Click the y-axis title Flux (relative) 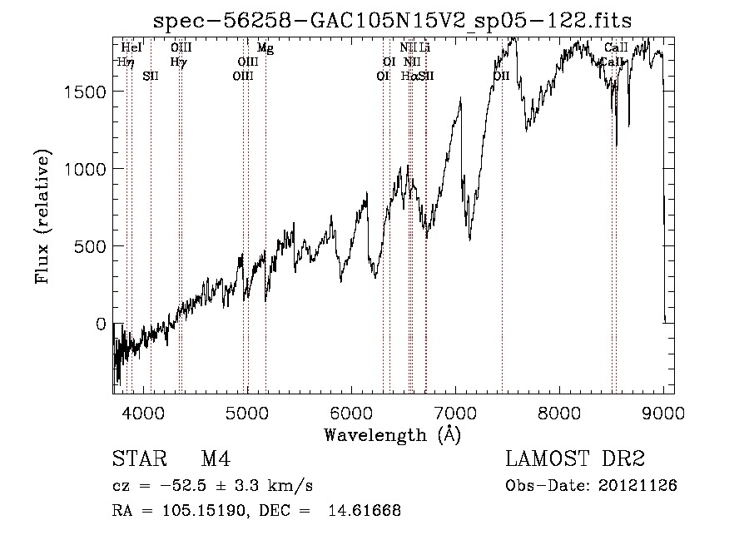(x=42, y=216)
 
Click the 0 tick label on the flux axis (x=102, y=324)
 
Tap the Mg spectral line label (x=265, y=48)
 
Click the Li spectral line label (x=424, y=48)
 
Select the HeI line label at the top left (x=131, y=48)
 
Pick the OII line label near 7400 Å (x=501, y=76)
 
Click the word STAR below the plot (x=137, y=459)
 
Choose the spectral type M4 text (x=215, y=459)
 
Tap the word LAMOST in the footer (x=547, y=459)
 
